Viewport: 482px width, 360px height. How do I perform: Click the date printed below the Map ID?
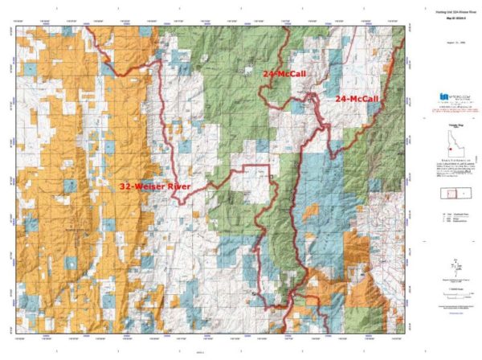pyautogui.click(x=450, y=35)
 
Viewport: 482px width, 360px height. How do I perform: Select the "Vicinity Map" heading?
pyautogui.click(x=450, y=129)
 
